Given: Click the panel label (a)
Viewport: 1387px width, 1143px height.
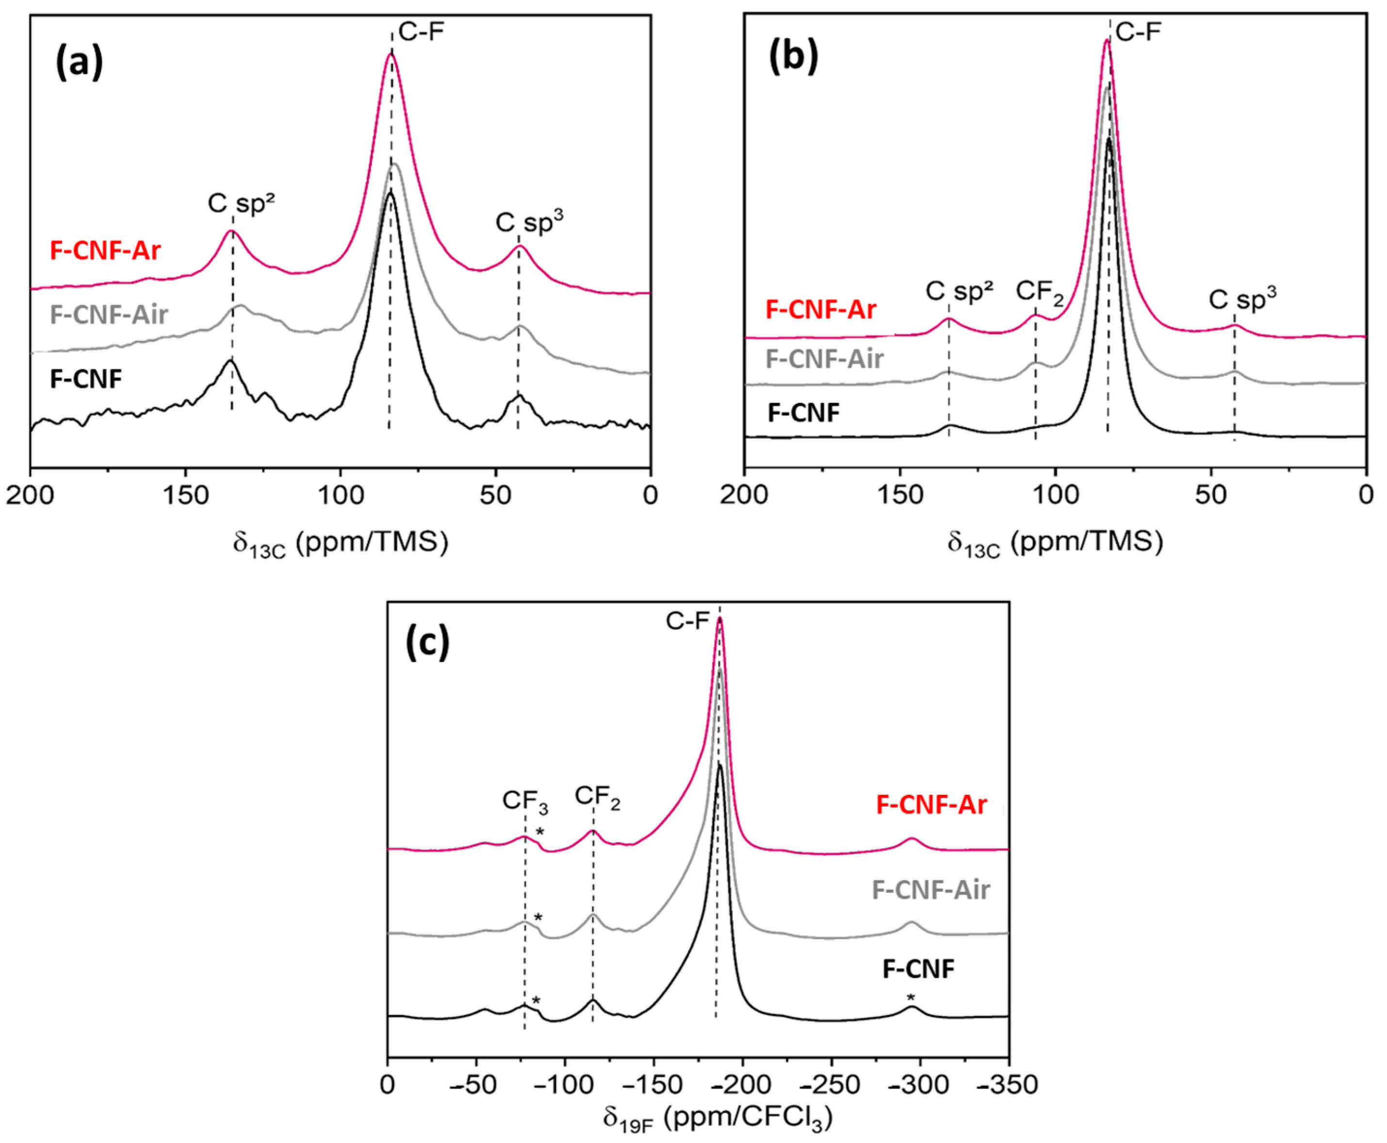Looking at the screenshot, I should point(79,64).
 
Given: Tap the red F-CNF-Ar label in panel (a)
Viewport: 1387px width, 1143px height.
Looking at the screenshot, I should point(105,251).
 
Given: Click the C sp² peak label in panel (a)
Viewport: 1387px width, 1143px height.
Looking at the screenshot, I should point(241,204).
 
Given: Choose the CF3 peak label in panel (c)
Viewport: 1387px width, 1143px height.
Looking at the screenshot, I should point(525,801).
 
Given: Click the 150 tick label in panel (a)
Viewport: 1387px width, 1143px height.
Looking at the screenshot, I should point(185,496).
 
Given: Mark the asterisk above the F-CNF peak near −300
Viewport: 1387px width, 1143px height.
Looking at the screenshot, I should point(911,996).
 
